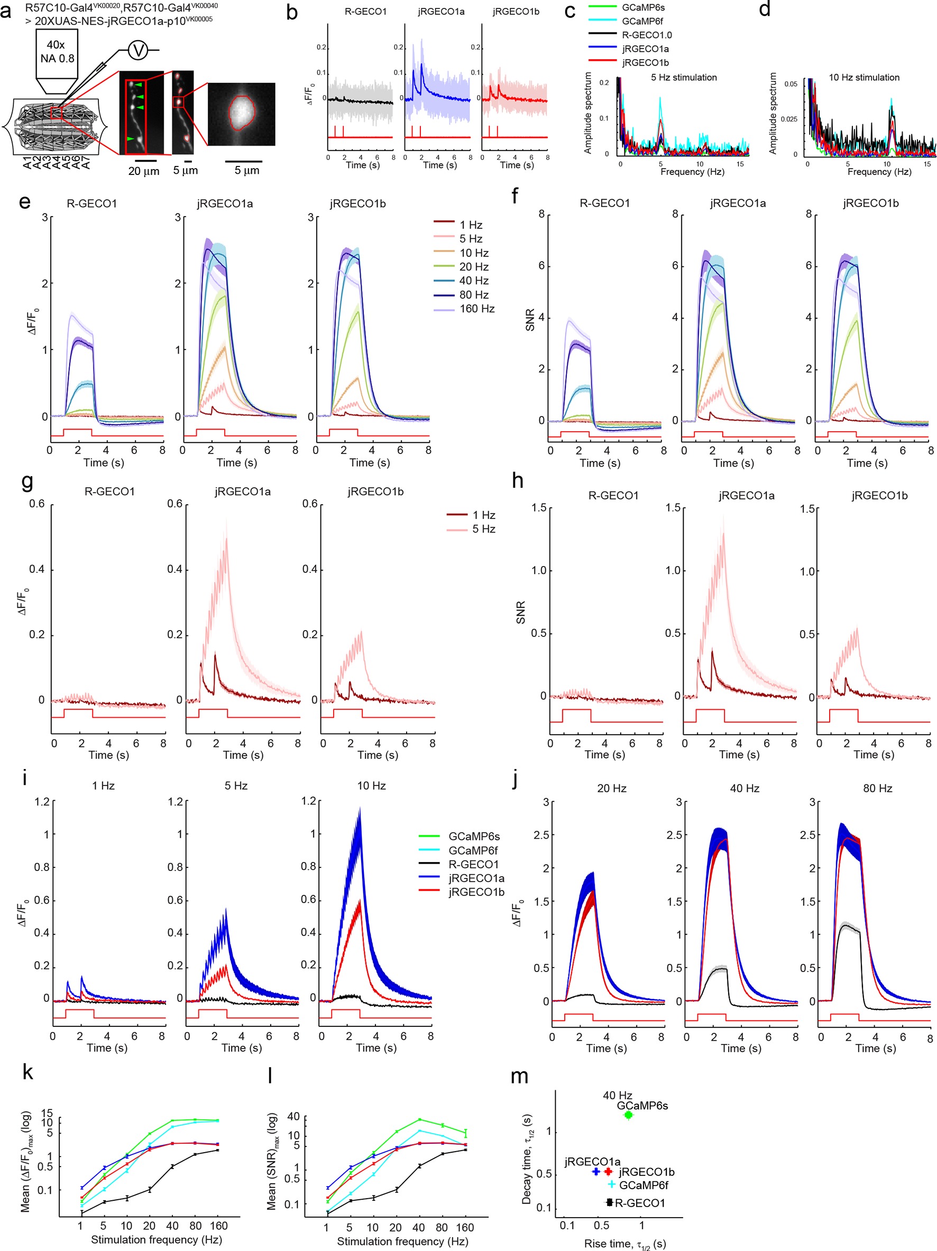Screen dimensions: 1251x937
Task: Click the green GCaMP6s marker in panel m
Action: click(x=628, y=1115)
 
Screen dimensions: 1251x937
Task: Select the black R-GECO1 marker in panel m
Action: click(x=609, y=1202)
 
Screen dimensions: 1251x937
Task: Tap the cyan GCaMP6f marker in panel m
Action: click(x=612, y=1184)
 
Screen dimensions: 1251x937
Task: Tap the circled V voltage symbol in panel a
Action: click(x=138, y=51)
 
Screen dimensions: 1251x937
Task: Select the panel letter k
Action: click(x=27, y=1072)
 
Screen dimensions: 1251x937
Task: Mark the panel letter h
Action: click(x=517, y=481)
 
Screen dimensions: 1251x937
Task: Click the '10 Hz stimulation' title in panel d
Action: click(x=863, y=78)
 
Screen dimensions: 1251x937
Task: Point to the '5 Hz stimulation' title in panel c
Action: click(x=684, y=78)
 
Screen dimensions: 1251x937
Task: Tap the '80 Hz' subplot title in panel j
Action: click(x=877, y=789)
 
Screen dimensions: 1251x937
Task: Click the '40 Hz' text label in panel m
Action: click(x=617, y=1096)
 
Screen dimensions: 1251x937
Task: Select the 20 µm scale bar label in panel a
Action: click(x=144, y=171)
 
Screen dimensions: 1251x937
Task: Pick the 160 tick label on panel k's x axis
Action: click(x=218, y=1226)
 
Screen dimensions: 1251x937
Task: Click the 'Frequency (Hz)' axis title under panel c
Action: click(x=692, y=171)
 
